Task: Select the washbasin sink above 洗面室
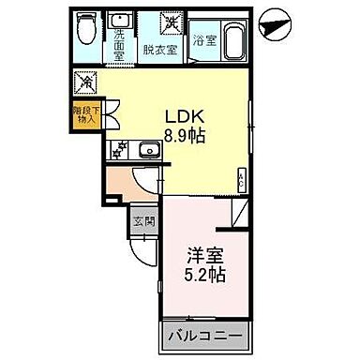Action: (x=119, y=20)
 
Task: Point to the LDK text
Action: (x=185, y=115)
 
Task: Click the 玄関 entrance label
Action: (x=142, y=221)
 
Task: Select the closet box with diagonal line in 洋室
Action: (x=242, y=216)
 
